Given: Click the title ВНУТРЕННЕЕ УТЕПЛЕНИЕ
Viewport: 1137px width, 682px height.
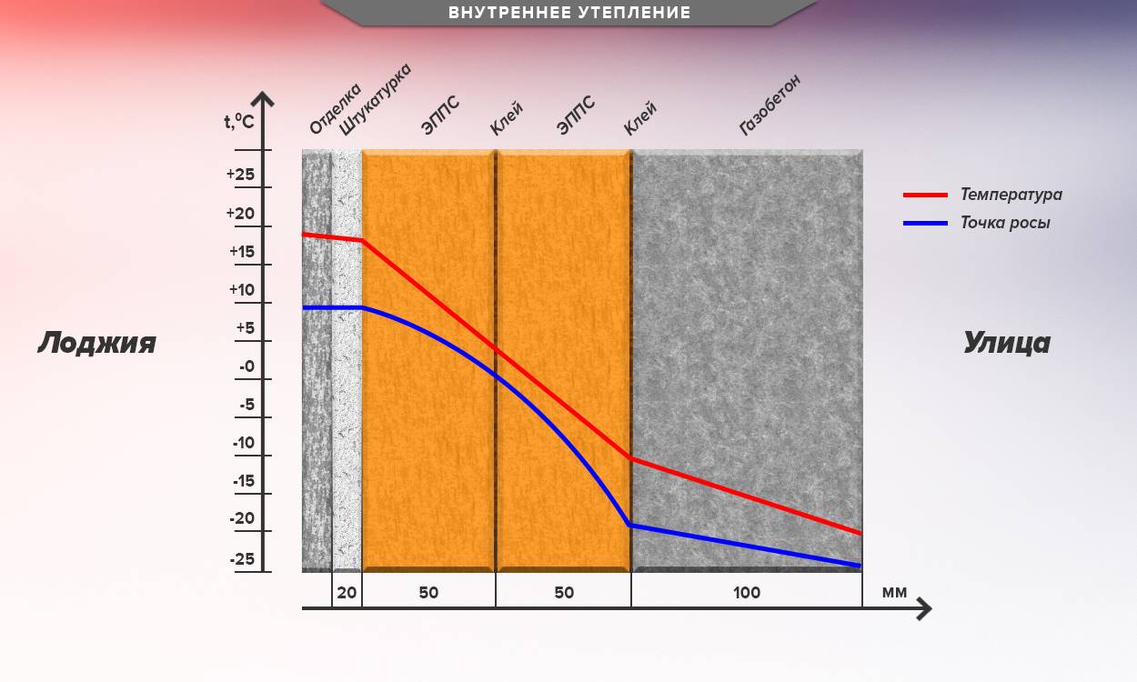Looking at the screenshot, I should pos(569,13).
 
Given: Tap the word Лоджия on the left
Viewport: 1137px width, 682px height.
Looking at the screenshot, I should pos(96,343).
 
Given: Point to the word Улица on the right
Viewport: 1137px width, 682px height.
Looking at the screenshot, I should pos(1006,343).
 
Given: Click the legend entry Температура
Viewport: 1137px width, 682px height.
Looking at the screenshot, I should pos(1011,195).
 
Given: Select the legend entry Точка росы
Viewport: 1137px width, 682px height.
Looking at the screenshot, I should pos(1005,223).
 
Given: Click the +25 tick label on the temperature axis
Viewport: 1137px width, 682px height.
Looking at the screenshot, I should pos(241,175).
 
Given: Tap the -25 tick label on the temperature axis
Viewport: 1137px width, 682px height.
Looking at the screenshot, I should pos(242,559).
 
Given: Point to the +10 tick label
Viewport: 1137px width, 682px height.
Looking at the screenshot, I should pos(241,290).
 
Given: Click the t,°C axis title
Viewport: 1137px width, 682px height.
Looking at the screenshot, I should pos(238,121).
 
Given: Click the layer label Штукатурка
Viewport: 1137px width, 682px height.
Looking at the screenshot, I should pos(376,99).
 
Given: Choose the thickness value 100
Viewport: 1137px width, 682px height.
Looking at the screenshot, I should pos(746,593).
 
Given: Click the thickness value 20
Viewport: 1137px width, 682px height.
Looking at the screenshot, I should pos(347,593).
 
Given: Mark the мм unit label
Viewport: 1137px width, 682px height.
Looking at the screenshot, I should pos(894,593).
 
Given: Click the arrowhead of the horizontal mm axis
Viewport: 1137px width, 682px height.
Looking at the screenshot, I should pos(924,608).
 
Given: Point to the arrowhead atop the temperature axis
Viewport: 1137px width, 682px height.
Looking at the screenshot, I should pos(263,98).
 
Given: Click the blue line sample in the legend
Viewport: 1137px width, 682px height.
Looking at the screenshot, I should pos(926,223).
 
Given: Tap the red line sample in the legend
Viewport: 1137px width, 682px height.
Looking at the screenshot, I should pos(926,195).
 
